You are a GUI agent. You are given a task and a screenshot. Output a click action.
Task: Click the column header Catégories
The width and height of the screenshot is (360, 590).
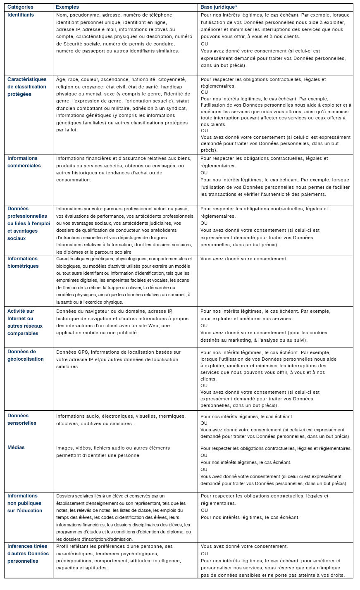[x=20, y=7]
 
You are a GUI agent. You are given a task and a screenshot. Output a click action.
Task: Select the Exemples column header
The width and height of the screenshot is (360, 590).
[x=67, y=7]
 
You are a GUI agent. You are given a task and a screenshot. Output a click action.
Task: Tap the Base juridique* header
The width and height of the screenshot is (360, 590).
[x=219, y=7]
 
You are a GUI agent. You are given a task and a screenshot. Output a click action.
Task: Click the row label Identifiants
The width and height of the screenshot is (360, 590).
[x=21, y=15]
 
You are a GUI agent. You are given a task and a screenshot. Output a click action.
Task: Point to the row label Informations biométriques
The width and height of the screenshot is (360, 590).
[x=23, y=262]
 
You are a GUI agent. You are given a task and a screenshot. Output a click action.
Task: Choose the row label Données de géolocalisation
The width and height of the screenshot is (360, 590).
[x=25, y=355]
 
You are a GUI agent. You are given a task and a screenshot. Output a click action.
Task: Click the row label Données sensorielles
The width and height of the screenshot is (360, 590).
[x=22, y=419]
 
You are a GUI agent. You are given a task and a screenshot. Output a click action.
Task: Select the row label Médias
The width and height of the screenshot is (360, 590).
[x=16, y=447]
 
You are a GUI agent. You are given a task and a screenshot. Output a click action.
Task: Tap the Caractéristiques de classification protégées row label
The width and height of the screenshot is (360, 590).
[x=27, y=87]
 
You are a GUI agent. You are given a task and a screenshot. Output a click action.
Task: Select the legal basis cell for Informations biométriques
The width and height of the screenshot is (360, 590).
[x=243, y=259]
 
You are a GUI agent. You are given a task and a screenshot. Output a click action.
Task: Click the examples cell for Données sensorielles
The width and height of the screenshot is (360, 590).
[x=121, y=420]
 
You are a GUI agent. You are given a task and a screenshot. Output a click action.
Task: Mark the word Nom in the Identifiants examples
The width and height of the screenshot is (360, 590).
[x=61, y=15]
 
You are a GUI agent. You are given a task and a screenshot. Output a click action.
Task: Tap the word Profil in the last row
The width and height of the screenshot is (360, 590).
[x=62, y=546]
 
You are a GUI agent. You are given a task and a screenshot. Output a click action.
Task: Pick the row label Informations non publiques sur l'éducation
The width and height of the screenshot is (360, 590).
[x=25, y=503]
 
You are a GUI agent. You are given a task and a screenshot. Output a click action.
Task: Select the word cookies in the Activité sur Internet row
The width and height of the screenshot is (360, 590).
[x=318, y=333]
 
